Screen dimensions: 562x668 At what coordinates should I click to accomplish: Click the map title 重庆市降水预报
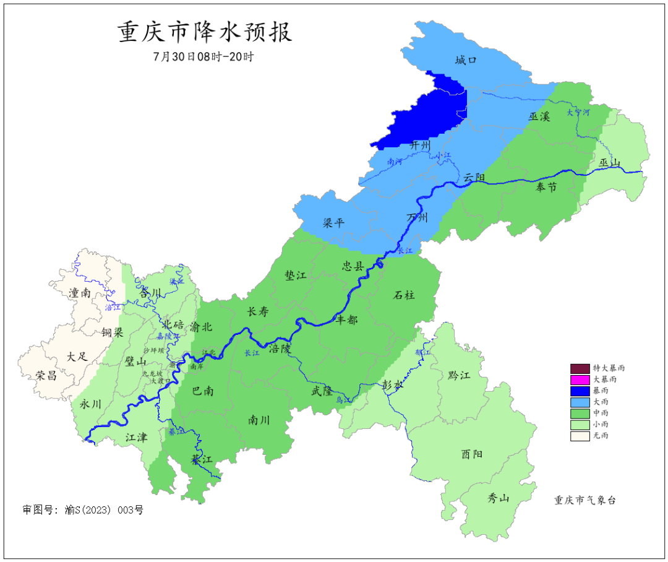205,32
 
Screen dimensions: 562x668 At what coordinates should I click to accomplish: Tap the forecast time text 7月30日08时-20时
203,56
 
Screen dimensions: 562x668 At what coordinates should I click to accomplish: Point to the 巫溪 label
539,116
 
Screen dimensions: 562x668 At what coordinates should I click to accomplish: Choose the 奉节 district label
546,187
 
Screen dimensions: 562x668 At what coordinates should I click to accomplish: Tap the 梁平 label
334,223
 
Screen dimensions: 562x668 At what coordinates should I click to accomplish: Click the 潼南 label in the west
80,293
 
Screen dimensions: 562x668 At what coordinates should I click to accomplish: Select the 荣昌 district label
46,375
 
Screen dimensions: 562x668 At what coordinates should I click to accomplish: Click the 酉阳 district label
472,454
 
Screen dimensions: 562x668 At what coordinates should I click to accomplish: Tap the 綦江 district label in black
202,460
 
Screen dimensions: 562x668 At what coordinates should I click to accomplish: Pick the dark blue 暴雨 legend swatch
580,391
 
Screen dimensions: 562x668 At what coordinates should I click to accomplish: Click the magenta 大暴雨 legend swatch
580,379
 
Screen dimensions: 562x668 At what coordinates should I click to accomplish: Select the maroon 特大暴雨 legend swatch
580,368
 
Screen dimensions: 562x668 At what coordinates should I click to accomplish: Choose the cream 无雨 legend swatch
580,436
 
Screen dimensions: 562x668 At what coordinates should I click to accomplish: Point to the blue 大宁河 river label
578,113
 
